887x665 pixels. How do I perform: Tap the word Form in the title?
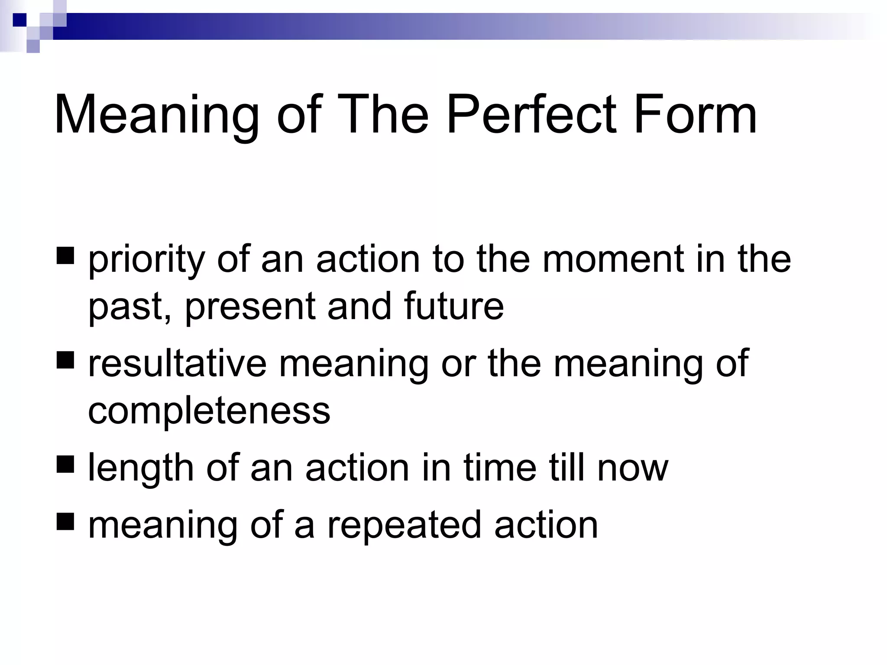pyautogui.click(x=695, y=115)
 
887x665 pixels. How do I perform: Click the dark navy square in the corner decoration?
pyautogui.click(x=19, y=20)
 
